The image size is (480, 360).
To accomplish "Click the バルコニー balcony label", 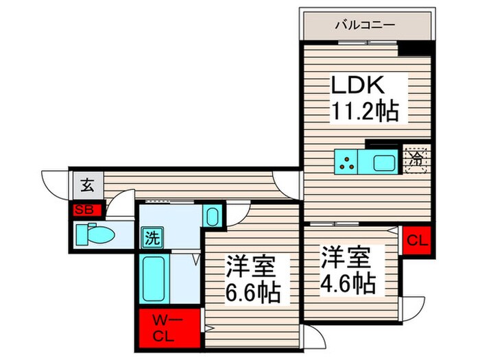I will coord(365,25).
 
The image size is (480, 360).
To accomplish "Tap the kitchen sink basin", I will coord(383,163).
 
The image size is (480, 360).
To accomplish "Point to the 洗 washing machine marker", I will coord(152,239).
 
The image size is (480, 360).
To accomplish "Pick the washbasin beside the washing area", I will coord(213,217).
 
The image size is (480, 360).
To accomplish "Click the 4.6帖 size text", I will coord(347,282).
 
